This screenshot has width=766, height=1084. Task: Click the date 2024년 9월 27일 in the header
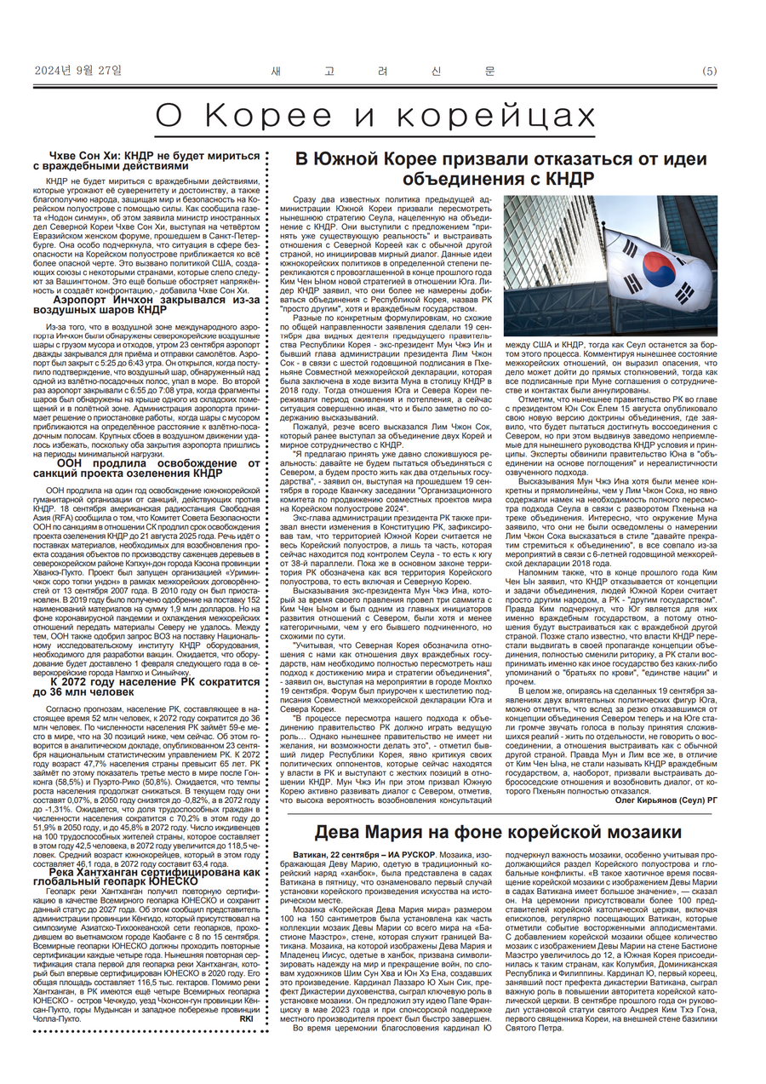coord(78,71)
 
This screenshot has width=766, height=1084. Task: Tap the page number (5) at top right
coord(710,72)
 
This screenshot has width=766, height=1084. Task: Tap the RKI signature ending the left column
coord(247,1018)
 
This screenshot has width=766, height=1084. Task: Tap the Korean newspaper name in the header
coord(383,71)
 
